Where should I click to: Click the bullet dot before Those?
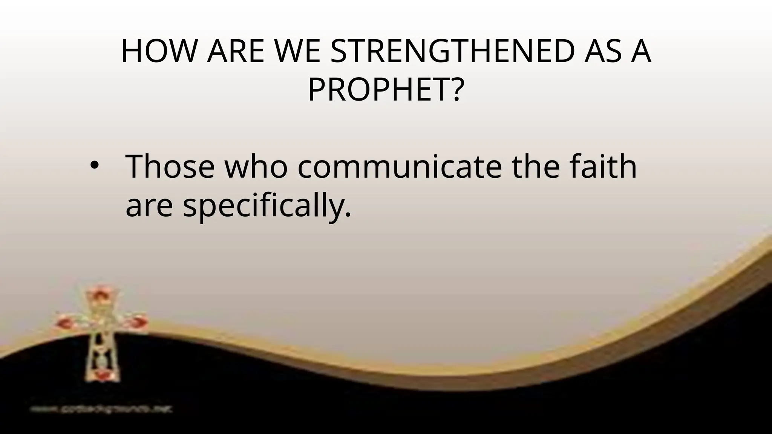pyautogui.click(x=93, y=166)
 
